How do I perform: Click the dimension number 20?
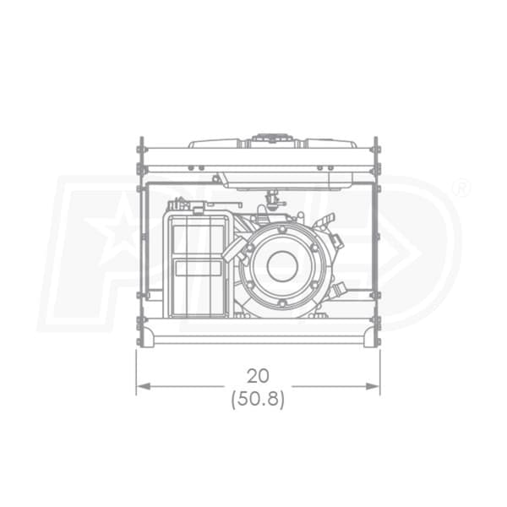[258, 376]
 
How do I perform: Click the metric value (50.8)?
[258, 399]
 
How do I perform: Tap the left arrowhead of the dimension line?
[144, 386]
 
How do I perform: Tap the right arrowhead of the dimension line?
[373, 386]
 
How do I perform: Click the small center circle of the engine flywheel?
[282, 266]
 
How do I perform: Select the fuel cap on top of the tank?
[271, 139]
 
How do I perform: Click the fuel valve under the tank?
[272, 199]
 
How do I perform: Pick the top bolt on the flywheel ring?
[282, 230]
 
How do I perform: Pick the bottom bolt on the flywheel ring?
[282, 303]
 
